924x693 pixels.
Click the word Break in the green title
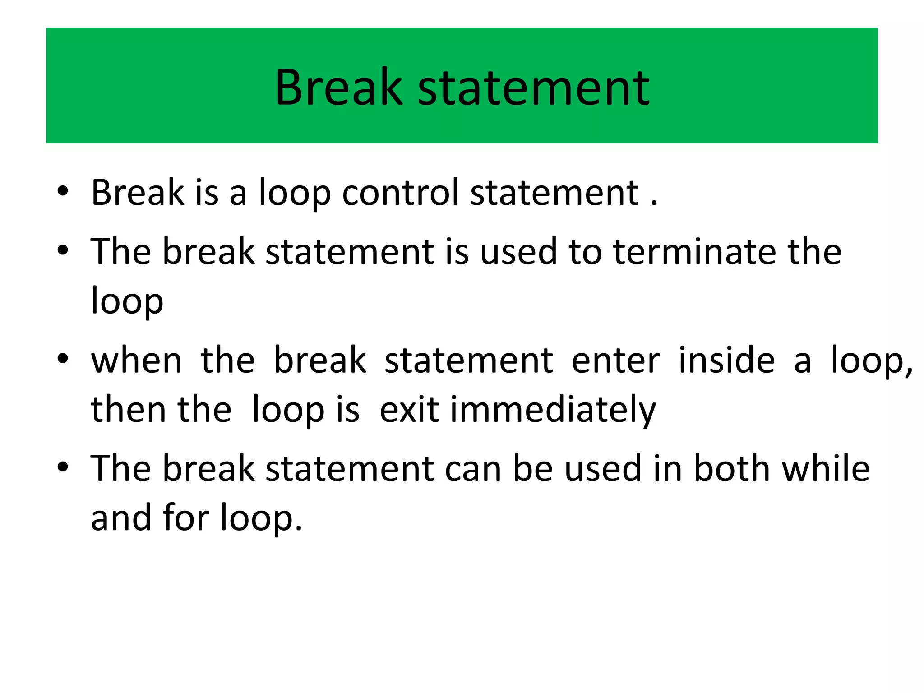coord(338,88)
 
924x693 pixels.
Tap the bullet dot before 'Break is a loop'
coord(63,191)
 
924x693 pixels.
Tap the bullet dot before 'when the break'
coord(63,359)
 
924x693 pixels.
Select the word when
coord(136,360)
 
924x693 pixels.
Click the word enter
coord(615,360)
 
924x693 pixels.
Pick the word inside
coord(726,360)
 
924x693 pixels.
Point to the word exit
coord(409,410)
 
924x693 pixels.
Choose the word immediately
coord(553,410)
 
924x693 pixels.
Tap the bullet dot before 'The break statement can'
coord(63,467)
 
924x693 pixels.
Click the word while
coord(825,468)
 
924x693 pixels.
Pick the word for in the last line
coord(185,517)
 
